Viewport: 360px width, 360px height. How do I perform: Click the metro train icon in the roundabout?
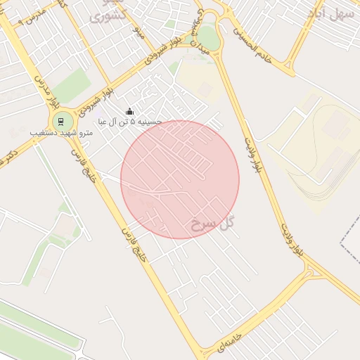62,121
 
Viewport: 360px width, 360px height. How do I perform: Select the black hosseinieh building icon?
129,111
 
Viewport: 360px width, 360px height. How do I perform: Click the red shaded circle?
180,180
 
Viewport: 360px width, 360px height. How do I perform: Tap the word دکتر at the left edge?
8,155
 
